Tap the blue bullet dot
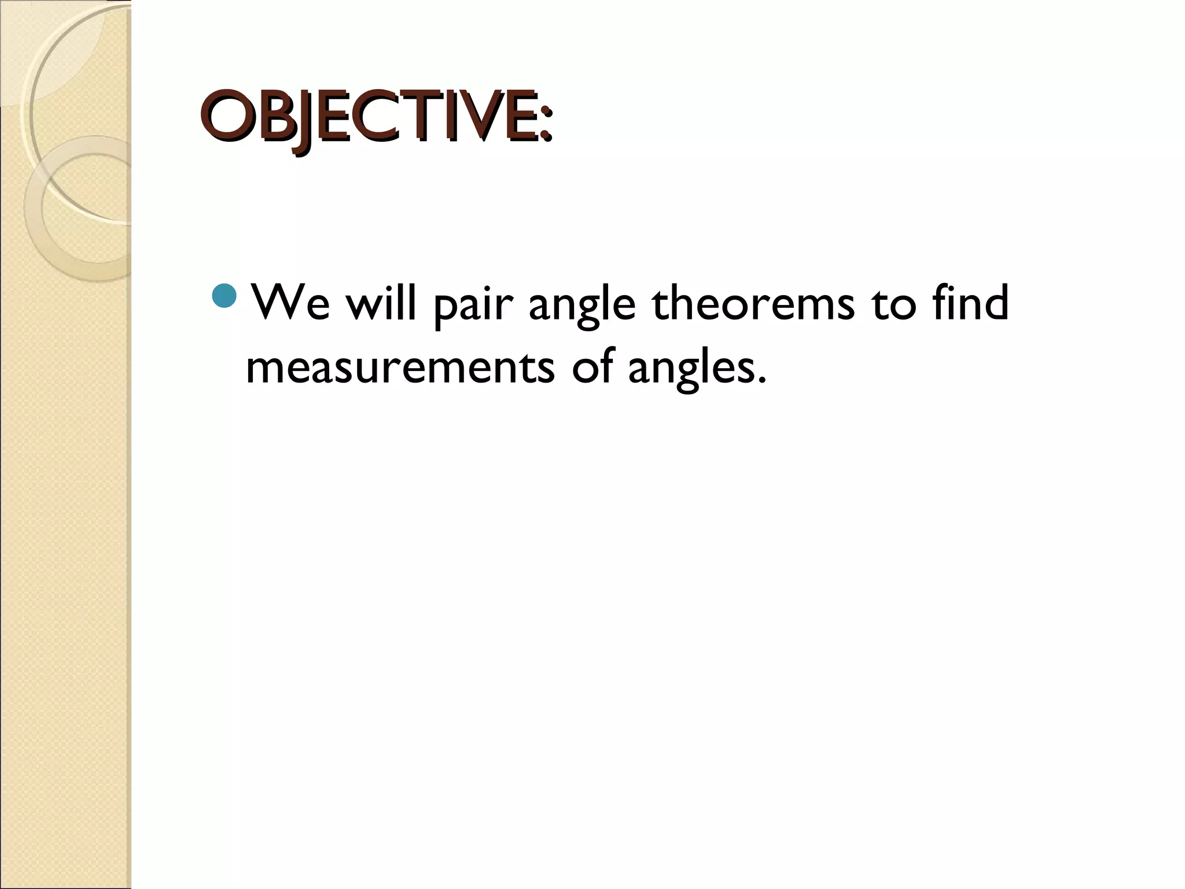tap(224, 296)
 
